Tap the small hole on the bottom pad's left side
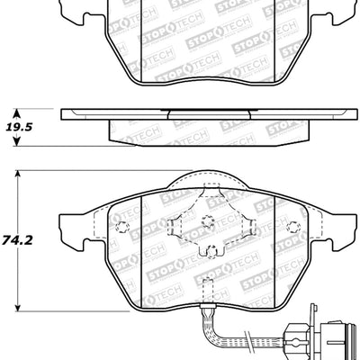(x=126, y=226)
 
